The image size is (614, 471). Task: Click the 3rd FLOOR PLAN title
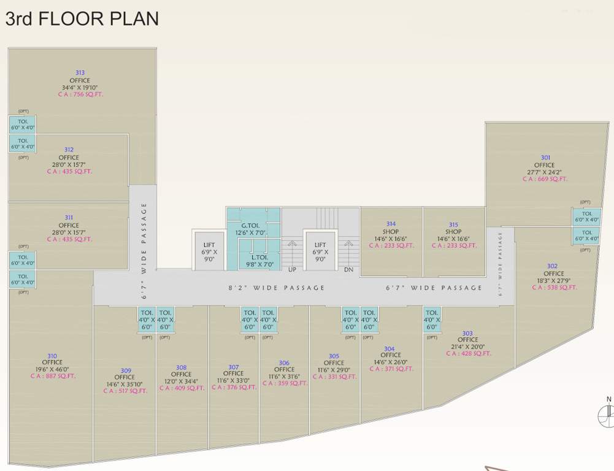pos(82,18)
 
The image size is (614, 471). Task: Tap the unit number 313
pos(80,73)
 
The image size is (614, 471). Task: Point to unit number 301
pos(545,158)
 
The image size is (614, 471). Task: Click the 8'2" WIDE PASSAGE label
pos(277,288)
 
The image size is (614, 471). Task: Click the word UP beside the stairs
pos(293,269)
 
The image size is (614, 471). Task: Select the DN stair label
pos(348,269)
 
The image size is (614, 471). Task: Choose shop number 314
pos(391,224)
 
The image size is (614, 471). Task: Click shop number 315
pos(454,224)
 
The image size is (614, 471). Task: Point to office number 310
pos(52,355)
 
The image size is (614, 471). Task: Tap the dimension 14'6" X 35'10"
pos(126,384)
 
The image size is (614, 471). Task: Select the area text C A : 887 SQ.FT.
pos(53,376)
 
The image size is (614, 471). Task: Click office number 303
pos(467,333)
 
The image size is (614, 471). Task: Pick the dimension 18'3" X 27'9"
pos(553,280)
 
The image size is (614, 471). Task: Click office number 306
pos(284,363)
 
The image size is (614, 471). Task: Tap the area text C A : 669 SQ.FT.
pos(545,179)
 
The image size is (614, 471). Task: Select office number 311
pos(69,218)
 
